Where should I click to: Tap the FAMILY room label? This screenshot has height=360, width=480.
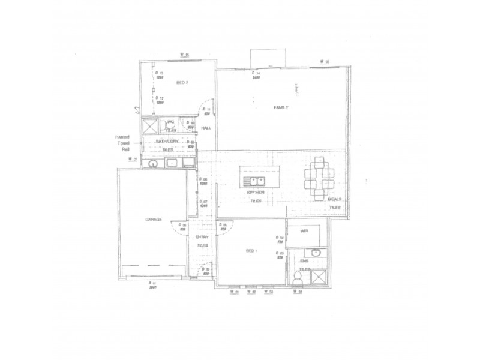click(x=281, y=107)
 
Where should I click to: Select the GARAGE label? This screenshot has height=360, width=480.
click(x=153, y=220)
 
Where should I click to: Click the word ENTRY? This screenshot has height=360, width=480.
click(x=202, y=238)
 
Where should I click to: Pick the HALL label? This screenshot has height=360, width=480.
click(x=206, y=128)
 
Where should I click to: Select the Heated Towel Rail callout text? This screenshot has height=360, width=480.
click(x=122, y=143)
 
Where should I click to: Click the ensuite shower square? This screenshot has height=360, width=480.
click(x=318, y=277)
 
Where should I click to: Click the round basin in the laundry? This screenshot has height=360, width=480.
click(x=153, y=163)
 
